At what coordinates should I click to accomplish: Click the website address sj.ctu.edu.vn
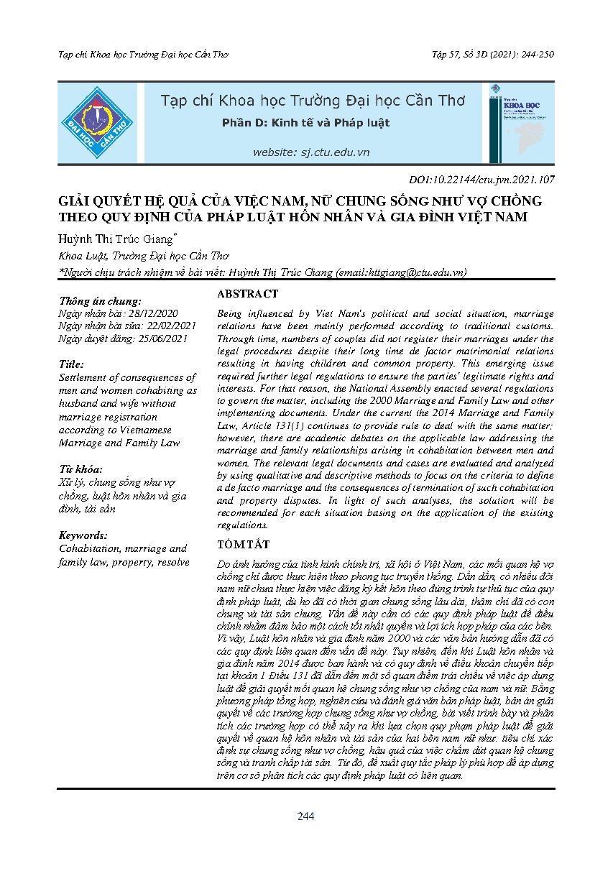click(310, 152)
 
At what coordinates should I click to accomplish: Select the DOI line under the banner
click(479, 180)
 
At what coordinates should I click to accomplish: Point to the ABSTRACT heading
click(246, 294)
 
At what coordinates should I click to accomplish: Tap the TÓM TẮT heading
click(242, 545)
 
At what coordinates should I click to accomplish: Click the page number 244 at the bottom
click(306, 816)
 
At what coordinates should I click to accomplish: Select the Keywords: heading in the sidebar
click(83, 535)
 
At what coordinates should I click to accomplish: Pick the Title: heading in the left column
click(72, 364)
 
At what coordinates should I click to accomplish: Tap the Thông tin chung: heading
click(100, 302)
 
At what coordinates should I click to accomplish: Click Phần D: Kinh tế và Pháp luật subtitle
click(305, 123)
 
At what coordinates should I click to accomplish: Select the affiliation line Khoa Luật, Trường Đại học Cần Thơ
click(143, 255)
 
